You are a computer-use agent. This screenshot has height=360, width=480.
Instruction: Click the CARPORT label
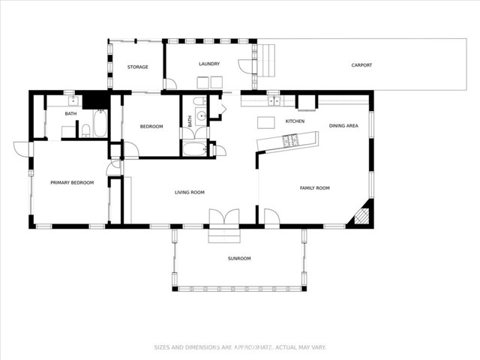pyautogui.click(x=361, y=65)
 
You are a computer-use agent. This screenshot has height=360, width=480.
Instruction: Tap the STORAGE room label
pyautogui.click(x=138, y=67)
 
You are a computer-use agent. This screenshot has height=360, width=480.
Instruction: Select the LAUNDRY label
pyautogui.click(x=209, y=64)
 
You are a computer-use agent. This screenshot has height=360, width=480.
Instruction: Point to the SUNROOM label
pyautogui.click(x=239, y=258)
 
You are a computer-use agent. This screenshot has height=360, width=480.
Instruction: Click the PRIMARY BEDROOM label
pyautogui.click(x=72, y=182)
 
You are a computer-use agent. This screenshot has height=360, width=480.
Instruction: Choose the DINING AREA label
pyautogui.click(x=343, y=125)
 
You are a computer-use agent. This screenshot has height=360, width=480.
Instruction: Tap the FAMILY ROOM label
pyautogui.click(x=315, y=188)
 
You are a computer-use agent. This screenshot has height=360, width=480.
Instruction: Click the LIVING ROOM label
pyautogui.click(x=190, y=192)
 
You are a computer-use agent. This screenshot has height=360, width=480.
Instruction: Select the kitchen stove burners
pyautogui.click(x=290, y=140)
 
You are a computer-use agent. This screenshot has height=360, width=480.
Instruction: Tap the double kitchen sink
pyautogui.click(x=274, y=100)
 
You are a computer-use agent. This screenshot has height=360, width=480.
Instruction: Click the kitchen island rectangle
pyautogui.click(x=266, y=122)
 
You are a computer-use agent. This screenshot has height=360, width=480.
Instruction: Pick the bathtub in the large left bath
pyautogui.click(x=100, y=123)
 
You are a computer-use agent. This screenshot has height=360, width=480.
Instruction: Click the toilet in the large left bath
pyautogui.click(x=86, y=130)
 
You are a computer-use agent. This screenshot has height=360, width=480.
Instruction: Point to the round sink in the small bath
pyautogui.click(x=202, y=115)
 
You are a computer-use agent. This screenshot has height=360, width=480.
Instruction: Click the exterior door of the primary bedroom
pyautogui.click(x=22, y=148)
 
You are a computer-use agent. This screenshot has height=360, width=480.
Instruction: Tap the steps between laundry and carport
pyautogui.click(x=265, y=61)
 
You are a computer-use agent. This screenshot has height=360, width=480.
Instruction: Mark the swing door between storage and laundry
pyautogui.click(x=170, y=83)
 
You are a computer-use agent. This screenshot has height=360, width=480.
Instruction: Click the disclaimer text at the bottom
pyautogui.click(x=240, y=347)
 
